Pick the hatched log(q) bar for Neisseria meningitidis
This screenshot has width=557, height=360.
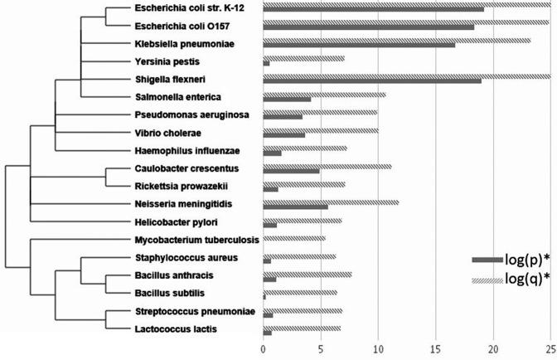click(x=330, y=201)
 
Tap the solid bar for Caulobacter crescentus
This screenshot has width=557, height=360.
click(x=291, y=171)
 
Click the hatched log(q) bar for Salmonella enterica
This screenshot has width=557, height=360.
click(x=300, y=95)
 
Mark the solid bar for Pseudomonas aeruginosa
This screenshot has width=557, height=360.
click(x=283, y=116)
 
